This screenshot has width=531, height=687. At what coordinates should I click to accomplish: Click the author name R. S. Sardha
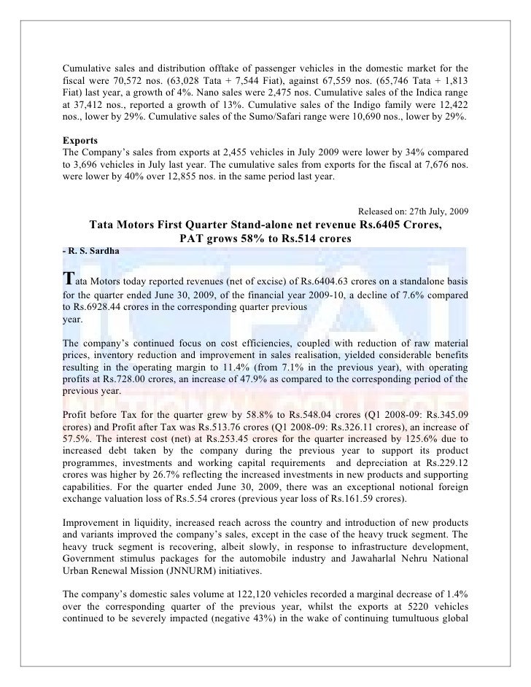[x=89, y=251]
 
